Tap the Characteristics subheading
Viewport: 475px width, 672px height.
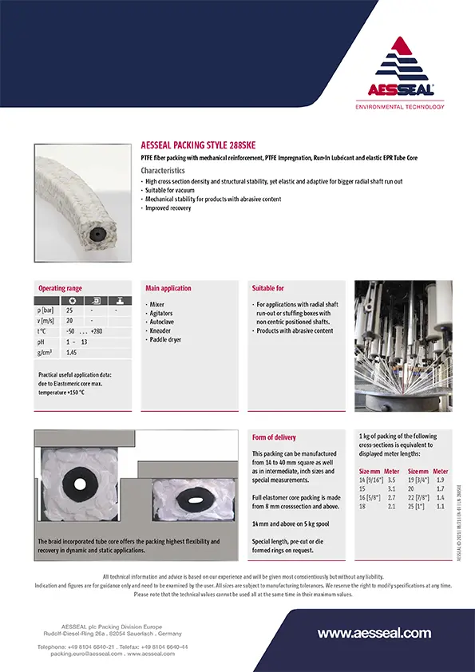click(x=163, y=171)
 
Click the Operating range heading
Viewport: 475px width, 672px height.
click(x=60, y=288)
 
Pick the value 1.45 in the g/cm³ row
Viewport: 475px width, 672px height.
click(x=72, y=351)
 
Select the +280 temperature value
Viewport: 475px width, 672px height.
click(x=97, y=330)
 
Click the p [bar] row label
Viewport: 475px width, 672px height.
click(x=47, y=310)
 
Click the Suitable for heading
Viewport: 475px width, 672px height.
click(x=268, y=288)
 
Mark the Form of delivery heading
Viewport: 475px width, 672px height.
click(x=274, y=437)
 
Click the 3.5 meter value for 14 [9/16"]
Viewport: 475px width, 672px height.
click(x=391, y=481)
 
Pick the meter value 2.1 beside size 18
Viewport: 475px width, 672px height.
click(x=391, y=506)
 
